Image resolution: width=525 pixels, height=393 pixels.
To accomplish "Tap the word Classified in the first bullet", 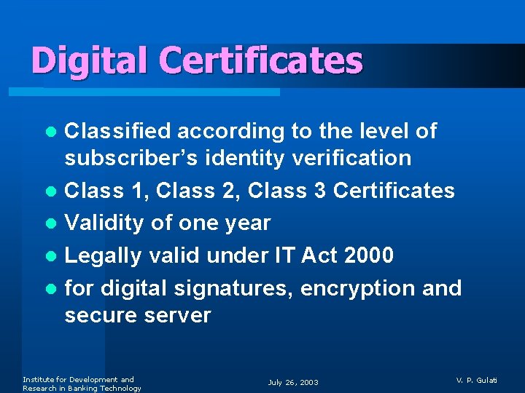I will coord(117,131).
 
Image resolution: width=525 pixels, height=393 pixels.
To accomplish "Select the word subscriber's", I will coord(128,158).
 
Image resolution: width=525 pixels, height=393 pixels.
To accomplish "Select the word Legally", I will coord(104,256).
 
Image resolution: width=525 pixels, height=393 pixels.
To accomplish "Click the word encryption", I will coord(357,289).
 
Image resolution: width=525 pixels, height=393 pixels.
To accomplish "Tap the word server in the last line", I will coord(177,316).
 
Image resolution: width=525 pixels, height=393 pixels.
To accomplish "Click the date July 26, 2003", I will coord(293,383).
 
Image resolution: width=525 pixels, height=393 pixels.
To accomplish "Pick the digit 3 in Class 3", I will coord(319,191).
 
